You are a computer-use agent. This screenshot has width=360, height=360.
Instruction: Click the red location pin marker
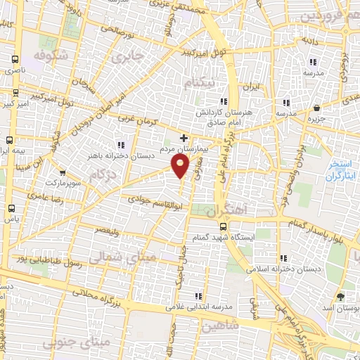pyautogui.click(x=181, y=166)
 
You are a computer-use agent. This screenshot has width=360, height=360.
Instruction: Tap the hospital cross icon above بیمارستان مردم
pyautogui.click(x=184, y=138)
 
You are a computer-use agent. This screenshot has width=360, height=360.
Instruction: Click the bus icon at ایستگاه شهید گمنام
pyautogui.click(x=223, y=226)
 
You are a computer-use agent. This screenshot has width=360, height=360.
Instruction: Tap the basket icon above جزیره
pyautogui.click(x=317, y=108)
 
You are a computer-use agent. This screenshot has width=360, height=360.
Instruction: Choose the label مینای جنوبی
pyautogui.click(x=68, y=342)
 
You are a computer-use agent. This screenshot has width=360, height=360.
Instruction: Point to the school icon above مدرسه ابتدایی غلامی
pyautogui.click(x=199, y=296)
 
